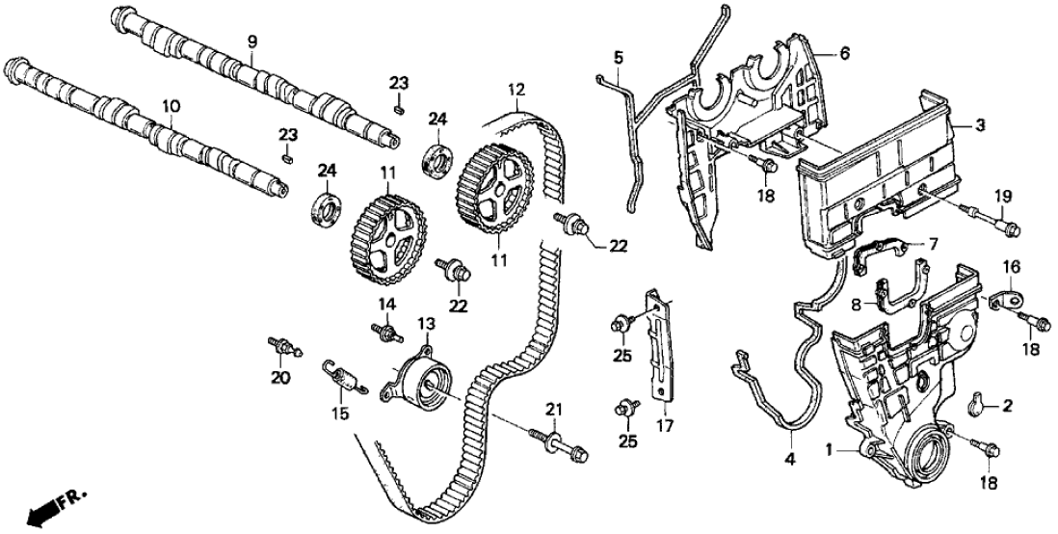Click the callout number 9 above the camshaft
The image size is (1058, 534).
[251, 41]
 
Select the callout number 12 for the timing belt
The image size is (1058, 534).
[516, 89]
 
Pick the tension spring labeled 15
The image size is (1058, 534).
[344, 377]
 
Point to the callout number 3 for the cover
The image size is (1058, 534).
[980, 125]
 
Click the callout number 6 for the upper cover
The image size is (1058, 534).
[844, 53]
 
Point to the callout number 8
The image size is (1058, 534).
[855, 305]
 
